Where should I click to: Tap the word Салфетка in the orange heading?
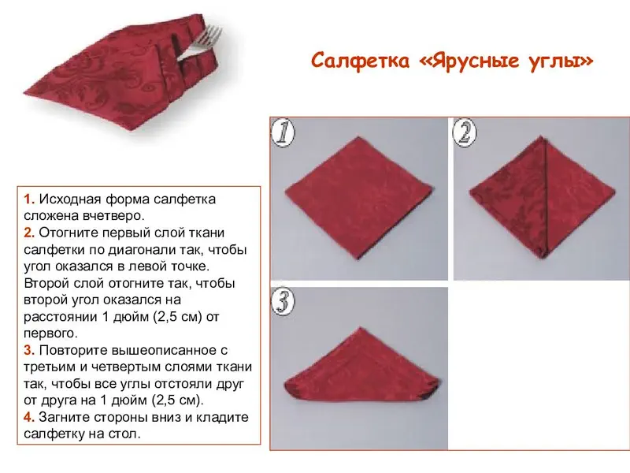[x=361, y=61]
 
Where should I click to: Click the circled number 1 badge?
[x=283, y=132]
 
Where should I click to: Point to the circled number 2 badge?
[x=465, y=132]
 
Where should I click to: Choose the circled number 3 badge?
[x=283, y=302]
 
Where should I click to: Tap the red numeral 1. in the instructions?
[x=29, y=199]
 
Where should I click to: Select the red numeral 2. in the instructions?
[x=29, y=233]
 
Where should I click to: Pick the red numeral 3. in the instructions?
[x=29, y=350]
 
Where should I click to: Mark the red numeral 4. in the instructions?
[x=29, y=417]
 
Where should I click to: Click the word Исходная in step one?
[x=70, y=199]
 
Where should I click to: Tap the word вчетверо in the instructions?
[x=113, y=216]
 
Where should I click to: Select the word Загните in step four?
[x=65, y=418]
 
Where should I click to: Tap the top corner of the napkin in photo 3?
[x=361, y=327]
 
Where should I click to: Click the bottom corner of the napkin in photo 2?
[x=542, y=258]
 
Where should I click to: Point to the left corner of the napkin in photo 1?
[x=286, y=191]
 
